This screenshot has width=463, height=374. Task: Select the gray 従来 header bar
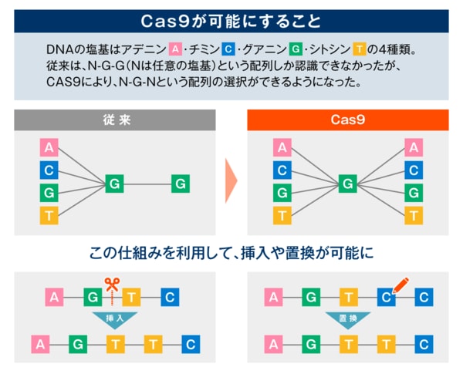(x=114, y=120)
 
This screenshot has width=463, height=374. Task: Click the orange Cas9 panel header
(x=348, y=120)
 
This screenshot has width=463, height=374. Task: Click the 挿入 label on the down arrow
(x=114, y=317)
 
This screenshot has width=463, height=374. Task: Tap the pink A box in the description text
(x=175, y=49)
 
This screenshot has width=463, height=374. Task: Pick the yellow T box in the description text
(x=358, y=49)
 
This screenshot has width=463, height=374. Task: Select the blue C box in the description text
(x=229, y=49)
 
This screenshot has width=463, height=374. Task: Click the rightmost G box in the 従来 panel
(x=180, y=184)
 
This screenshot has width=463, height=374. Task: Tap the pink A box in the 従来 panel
(x=49, y=147)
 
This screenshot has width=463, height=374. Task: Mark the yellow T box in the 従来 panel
(x=49, y=215)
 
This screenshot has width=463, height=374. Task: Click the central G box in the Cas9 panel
(x=348, y=184)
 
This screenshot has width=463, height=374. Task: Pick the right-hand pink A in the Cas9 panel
(x=414, y=147)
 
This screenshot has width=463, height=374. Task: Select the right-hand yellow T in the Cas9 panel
(x=414, y=215)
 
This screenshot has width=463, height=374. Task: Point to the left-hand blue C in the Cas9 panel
(x=282, y=170)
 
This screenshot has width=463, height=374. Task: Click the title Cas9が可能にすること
(x=231, y=19)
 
